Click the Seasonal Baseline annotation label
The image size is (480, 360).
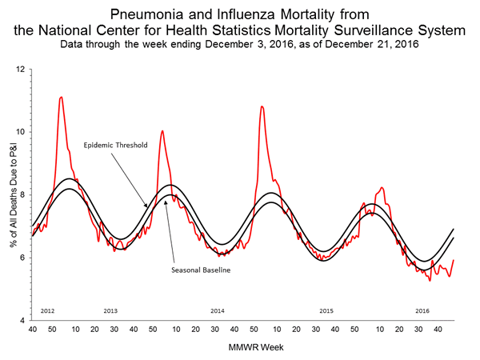201,270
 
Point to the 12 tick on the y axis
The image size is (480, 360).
21,70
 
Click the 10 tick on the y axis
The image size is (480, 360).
21,132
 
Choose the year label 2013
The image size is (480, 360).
110,309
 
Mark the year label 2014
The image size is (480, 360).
218,309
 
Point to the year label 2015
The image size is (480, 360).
326,309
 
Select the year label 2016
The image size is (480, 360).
423,309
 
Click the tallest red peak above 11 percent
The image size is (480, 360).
61,98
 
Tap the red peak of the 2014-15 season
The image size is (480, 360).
262,106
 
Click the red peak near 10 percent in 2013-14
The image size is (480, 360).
162,131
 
